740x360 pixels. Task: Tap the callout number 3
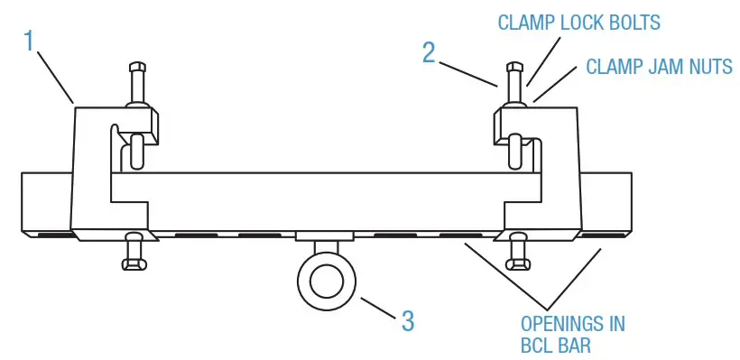(408, 319)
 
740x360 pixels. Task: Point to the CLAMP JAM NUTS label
(659, 67)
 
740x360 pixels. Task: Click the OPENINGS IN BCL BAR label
(572, 334)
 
